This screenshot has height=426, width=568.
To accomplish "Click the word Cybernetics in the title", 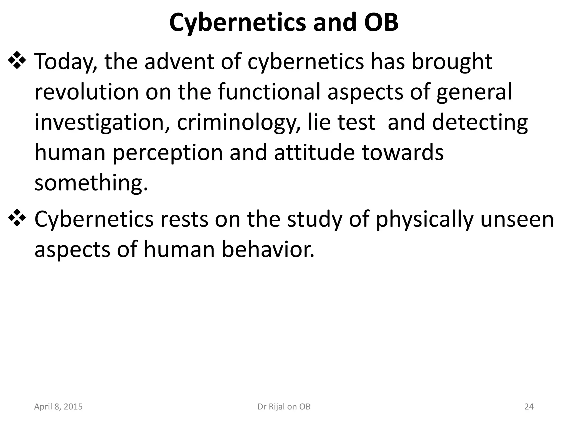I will (237, 23).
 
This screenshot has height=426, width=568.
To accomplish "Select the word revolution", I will (86, 92).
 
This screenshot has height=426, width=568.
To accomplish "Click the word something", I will (91, 184).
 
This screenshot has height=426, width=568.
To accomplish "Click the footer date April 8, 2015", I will (58, 407).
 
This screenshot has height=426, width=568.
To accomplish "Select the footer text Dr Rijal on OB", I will (284, 407).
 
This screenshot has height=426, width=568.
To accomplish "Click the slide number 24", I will (529, 407).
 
